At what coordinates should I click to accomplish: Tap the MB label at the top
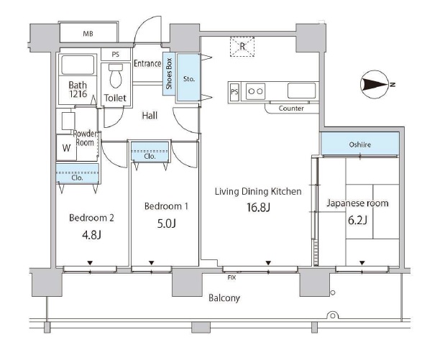click(x=88, y=34)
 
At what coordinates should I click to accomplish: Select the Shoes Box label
click(x=169, y=73)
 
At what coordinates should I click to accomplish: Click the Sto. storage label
click(x=189, y=79)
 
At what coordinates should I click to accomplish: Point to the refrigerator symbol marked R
click(x=242, y=47)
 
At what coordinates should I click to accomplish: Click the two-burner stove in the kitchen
click(x=256, y=91)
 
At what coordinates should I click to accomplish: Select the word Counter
click(x=291, y=109)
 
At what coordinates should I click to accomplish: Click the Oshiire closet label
click(x=359, y=144)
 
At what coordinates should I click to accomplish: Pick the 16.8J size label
click(x=258, y=208)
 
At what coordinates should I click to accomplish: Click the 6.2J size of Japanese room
click(x=357, y=220)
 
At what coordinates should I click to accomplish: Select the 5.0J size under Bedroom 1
click(x=166, y=223)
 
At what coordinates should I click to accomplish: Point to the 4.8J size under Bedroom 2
click(x=91, y=235)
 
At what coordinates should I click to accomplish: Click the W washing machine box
click(x=66, y=148)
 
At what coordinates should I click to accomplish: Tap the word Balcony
click(x=224, y=298)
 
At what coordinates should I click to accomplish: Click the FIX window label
click(x=231, y=277)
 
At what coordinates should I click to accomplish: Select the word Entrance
click(x=147, y=63)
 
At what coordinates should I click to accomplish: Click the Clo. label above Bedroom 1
click(x=150, y=157)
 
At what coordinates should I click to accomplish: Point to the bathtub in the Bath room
click(x=78, y=65)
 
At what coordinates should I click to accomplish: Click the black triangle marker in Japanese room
click(x=362, y=263)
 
